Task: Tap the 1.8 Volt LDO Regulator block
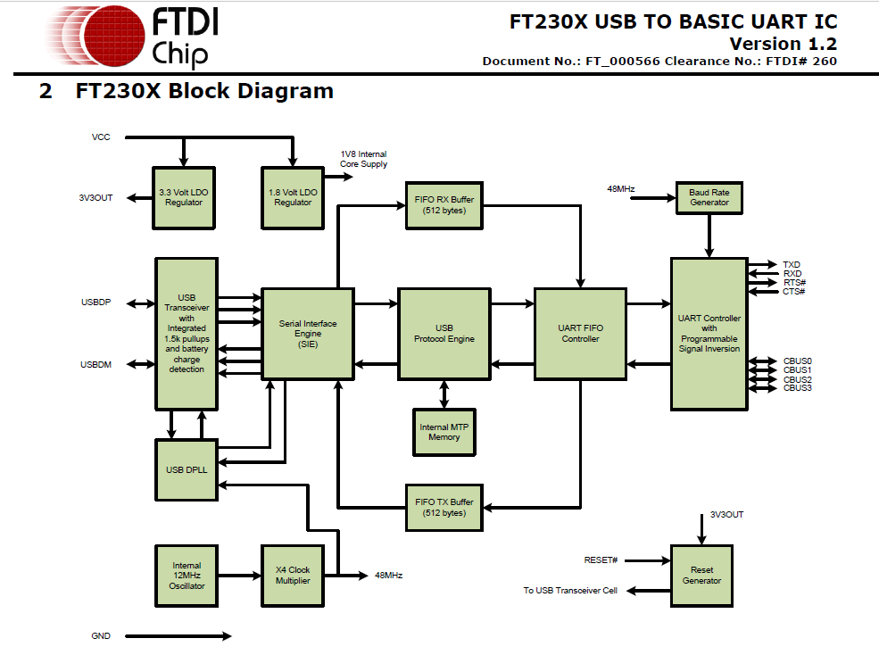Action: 292,197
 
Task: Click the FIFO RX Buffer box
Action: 444,205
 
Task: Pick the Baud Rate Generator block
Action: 709,197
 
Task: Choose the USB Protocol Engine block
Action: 444,334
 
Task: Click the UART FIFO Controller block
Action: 580,334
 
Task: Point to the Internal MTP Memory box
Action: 444,432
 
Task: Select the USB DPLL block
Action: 187,470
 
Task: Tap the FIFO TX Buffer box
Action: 444,508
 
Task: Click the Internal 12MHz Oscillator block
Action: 187,576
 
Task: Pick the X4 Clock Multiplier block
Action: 292,576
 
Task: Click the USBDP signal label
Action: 95,303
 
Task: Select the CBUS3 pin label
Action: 797,388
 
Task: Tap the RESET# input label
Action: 601,560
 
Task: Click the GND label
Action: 101,636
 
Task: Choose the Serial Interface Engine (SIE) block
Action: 307,334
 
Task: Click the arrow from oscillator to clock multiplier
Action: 238,576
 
